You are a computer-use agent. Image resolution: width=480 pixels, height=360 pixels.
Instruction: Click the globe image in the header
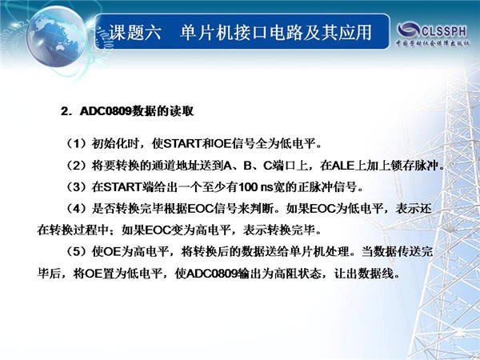(57, 36)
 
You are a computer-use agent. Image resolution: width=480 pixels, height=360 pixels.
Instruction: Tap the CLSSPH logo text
(444, 31)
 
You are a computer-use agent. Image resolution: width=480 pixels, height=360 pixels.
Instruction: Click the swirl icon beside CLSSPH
(408, 30)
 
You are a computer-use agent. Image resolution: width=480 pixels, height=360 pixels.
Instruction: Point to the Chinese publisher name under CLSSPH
(433, 43)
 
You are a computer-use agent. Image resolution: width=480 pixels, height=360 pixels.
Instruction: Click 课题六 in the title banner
(134, 33)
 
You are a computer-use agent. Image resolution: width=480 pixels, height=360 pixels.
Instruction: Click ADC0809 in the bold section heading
(106, 111)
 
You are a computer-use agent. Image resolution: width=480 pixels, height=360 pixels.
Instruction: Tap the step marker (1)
(77, 143)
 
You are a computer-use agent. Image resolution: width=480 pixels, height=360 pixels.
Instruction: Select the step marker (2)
(77, 166)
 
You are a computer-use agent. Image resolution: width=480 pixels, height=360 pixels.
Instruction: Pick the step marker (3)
(77, 187)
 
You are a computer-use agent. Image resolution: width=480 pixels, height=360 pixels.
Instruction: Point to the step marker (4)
(77, 209)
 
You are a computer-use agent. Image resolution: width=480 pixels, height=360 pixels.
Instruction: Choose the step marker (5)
(77, 252)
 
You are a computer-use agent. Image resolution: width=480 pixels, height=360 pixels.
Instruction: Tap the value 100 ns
(255, 187)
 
